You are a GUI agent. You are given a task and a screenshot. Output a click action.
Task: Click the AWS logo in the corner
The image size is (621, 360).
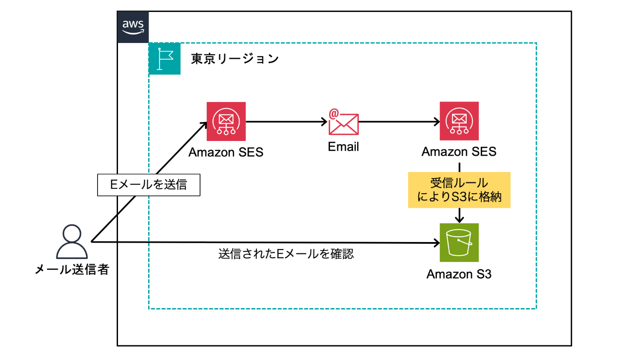(x=133, y=27)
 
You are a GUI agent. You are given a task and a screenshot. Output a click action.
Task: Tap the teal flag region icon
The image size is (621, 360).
(x=165, y=59)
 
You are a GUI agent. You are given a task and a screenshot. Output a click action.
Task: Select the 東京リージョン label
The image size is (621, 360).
(x=235, y=59)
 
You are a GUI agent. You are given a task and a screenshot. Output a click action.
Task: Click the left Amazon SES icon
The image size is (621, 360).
(x=226, y=121)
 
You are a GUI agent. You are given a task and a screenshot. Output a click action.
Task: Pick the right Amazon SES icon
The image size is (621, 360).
(x=459, y=121)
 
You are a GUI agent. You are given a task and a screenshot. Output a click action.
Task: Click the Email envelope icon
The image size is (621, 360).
(x=344, y=122)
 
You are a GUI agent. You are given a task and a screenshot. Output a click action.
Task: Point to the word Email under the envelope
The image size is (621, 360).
(x=343, y=147)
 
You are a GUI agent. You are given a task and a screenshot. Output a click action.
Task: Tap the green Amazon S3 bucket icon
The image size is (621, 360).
(x=459, y=243)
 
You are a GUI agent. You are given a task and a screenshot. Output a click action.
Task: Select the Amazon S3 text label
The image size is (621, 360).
(x=459, y=274)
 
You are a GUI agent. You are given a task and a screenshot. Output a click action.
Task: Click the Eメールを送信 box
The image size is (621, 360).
(x=149, y=185)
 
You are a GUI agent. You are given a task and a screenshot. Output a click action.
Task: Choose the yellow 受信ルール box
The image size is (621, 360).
(x=459, y=190)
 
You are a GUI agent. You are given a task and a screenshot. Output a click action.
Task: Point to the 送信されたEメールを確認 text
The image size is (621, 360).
(x=286, y=254)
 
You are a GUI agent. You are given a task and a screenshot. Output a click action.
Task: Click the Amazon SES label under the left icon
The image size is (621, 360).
(x=226, y=152)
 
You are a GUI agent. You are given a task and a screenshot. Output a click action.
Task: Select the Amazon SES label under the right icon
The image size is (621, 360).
(x=459, y=152)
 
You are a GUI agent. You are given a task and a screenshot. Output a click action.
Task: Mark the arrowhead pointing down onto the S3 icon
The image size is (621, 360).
(x=460, y=219)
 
